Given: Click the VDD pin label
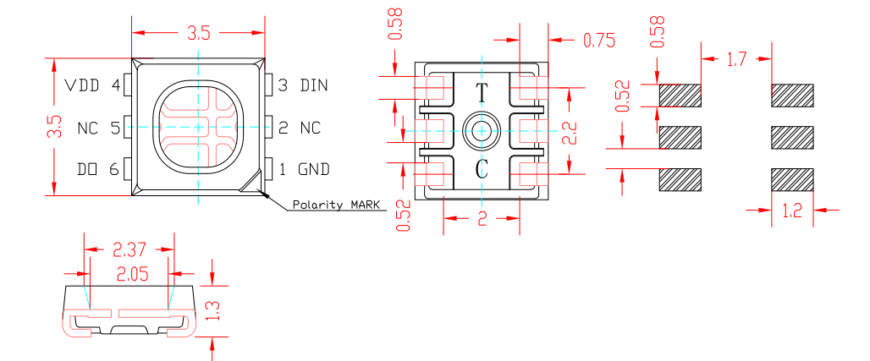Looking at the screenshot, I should coord(83,85).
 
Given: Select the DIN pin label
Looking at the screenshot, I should coord(315,85).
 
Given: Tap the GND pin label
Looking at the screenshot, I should coord(314,169).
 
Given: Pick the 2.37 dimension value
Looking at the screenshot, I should coord(129,249).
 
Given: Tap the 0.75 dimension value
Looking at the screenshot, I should coord(597,41).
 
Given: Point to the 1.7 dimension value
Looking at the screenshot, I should coord(736,59).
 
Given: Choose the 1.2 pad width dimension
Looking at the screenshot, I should coord(792,211).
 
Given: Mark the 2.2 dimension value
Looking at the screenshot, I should coord(571,132).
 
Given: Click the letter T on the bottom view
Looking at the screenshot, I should coord(482,93).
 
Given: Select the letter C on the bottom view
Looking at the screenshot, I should coord(482,169).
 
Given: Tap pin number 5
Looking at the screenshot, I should coord(115,129).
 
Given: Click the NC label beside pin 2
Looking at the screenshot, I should coord(311,129).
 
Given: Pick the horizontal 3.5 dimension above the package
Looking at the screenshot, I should coord(198,34).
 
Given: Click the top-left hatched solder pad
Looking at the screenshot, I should coord(680,95).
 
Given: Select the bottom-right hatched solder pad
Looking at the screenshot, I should coord(793,179).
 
